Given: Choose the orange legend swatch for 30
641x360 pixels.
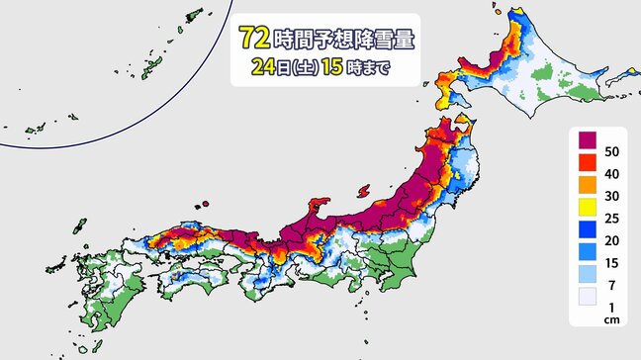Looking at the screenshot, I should pos(587,194).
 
